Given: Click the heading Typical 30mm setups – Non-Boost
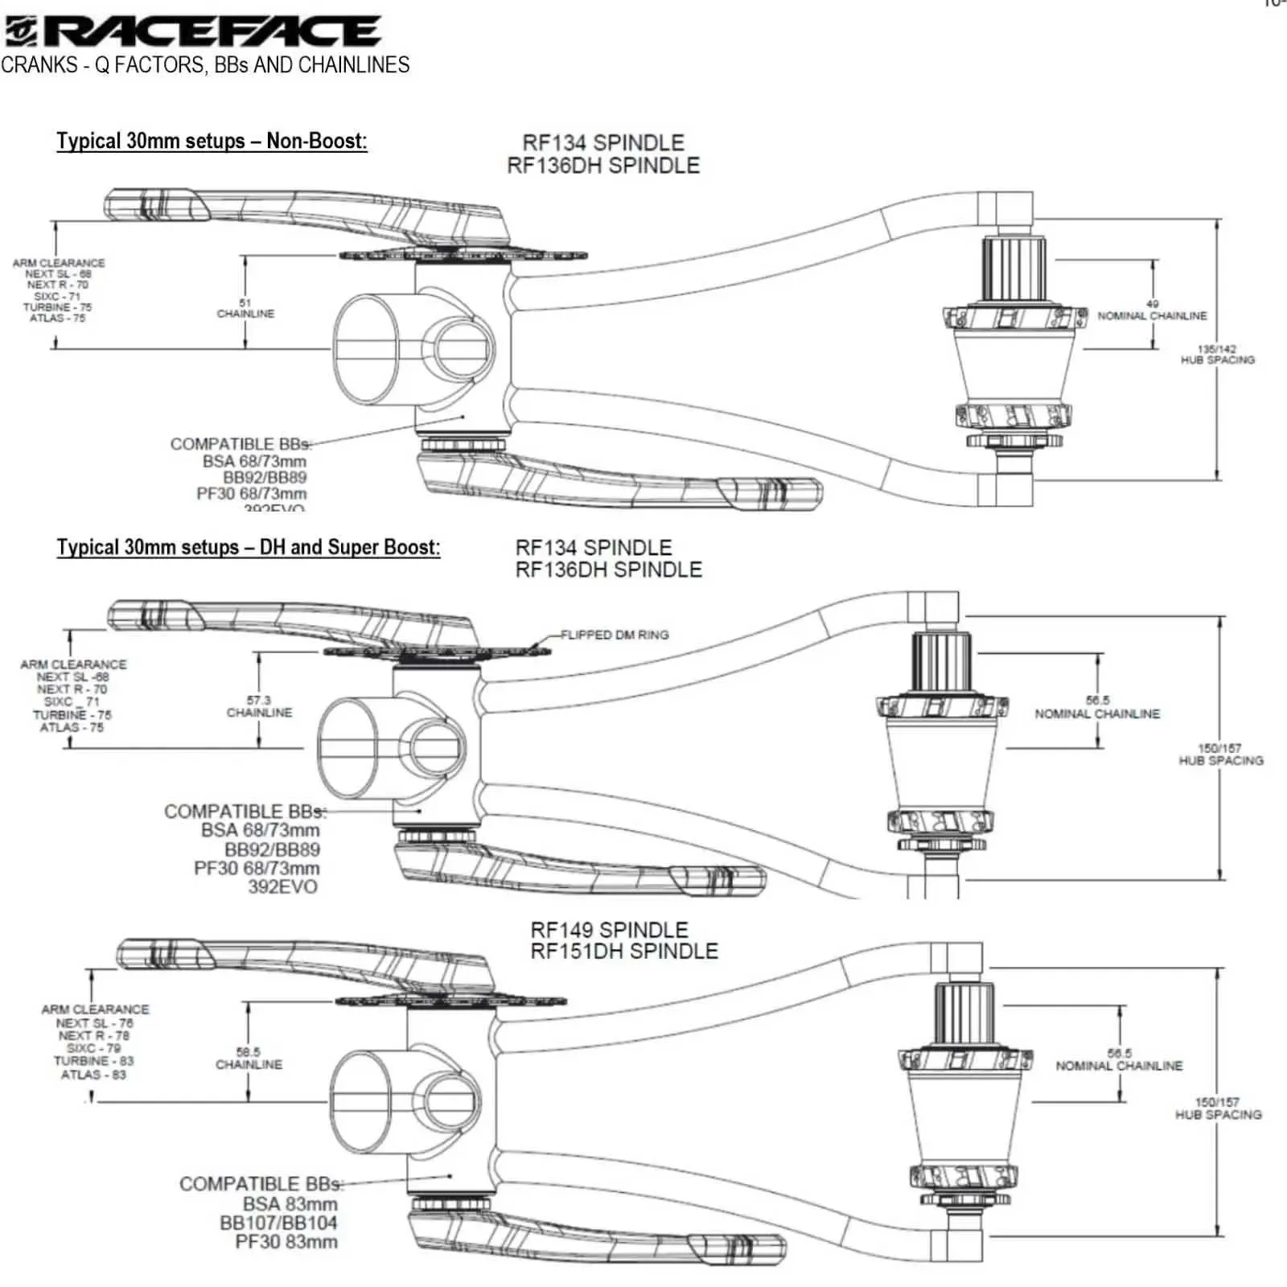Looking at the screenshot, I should pos(212,141).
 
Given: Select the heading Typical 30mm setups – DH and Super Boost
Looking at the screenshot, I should pos(248,547).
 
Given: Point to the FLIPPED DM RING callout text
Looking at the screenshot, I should pos(615,635).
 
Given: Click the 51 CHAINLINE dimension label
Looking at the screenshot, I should pos(245,309).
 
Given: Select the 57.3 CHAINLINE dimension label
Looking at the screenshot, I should pos(259,706).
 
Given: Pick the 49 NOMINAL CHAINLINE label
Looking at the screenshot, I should pos(1152,310).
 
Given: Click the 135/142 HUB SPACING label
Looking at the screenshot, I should pos(1217,355).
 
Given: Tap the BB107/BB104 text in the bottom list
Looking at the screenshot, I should pos(278,1223).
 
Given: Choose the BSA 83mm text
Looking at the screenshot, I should pos(290,1203).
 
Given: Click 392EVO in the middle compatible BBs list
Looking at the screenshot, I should pos(282,886).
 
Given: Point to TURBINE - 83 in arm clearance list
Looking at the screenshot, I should pos(93,1061).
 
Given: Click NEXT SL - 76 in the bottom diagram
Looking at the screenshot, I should pos(94,1023).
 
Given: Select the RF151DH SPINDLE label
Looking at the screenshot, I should pos(623,951).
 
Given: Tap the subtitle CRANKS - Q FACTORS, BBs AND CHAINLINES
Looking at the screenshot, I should pos(205,64).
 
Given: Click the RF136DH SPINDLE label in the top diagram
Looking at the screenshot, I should pos(603,165).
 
